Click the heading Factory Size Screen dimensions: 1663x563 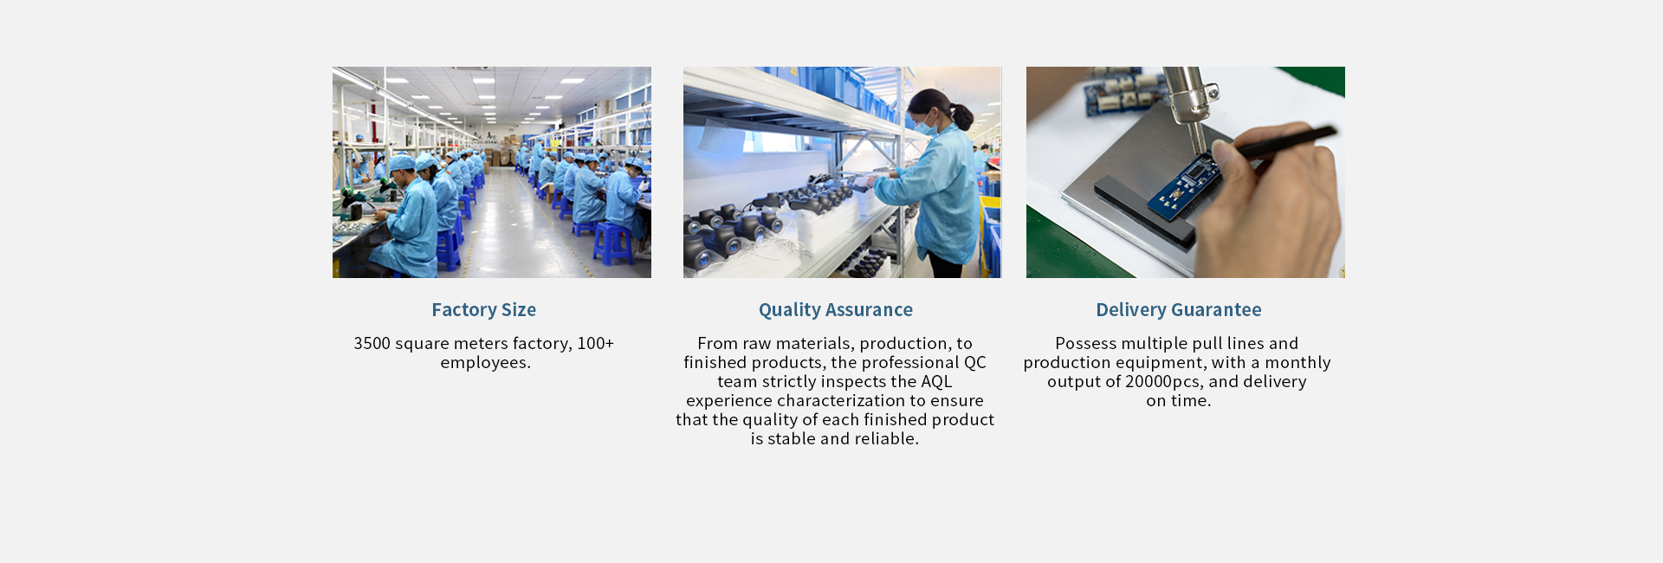pos(483,310)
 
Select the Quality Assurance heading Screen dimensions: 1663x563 pos(835,310)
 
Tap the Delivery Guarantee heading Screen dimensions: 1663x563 pos(1178,310)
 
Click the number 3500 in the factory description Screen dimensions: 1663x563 pos(372,344)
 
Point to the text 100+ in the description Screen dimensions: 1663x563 pos(595,344)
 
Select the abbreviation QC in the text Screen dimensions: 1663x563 pos(975,363)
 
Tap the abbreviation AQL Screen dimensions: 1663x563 pos(936,382)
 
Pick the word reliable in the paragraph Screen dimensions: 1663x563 pos(886,439)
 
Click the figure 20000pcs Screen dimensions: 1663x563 pos(1163,382)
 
